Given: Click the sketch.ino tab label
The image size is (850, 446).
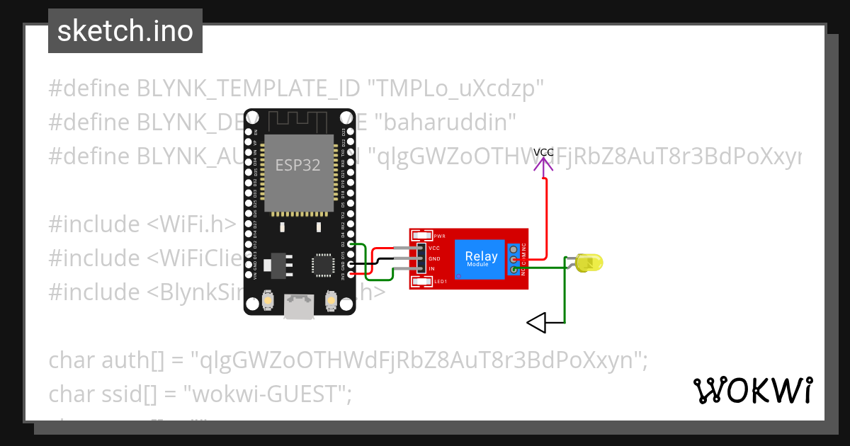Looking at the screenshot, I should (x=125, y=31).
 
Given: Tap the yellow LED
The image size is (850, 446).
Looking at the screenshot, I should (x=589, y=263).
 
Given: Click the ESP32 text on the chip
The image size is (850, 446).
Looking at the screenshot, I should (x=297, y=166).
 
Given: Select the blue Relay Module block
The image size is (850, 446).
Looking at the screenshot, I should (x=481, y=258).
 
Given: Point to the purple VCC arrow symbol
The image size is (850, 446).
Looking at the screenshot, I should (x=544, y=167).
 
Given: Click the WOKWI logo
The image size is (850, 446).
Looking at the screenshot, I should (x=752, y=391).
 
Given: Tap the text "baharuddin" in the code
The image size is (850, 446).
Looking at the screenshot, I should (x=448, y=122).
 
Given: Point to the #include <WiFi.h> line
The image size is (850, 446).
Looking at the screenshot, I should (x=142, y=224).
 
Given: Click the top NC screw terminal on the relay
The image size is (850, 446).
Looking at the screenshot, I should (x=514, y=249).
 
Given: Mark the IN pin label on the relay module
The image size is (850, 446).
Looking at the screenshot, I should (x=431, y=269).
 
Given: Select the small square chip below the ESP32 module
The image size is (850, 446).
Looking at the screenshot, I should (x=323, y=264).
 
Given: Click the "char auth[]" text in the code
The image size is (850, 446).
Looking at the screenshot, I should (x=106, y=360).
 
